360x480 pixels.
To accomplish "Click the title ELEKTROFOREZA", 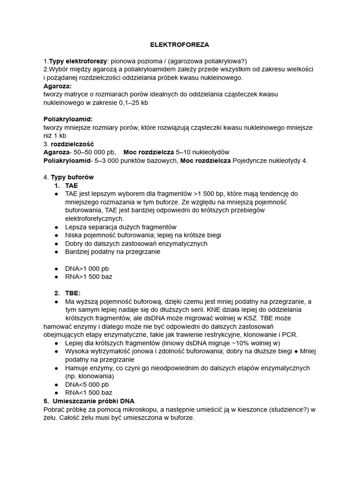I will pyautogui.click(x=180, y=45).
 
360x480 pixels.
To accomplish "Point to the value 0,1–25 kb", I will pyautogui.click(x=130, y=103).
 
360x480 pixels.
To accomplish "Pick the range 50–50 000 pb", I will pyautogui.click(x=94, y=152).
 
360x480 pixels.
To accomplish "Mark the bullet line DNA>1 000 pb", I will pyautogui.click(x=87, y=268).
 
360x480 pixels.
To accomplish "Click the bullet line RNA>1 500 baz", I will pyautogui.click(x=89, y=277).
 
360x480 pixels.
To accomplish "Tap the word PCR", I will pyautogui.click(x=291, y=334).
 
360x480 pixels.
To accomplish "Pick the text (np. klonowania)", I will pyautogui.click(x=89, y=376).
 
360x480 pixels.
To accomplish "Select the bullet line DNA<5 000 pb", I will pyautogui.click(x=87, y=384).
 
